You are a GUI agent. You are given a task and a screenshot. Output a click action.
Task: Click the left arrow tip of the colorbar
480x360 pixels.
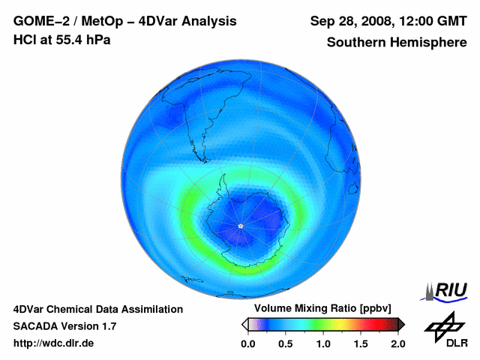[x=244, y=324]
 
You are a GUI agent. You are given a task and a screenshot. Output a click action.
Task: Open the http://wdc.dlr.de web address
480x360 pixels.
[x=54, y=343]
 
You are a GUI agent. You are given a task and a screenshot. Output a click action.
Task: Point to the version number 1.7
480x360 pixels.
[x=107, y=326]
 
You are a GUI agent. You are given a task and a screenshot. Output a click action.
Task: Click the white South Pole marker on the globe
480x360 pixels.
[x=240, y=226]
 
